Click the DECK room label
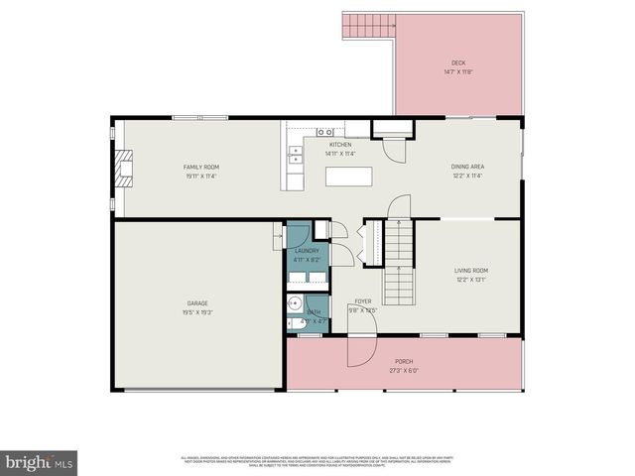tap(457, 62)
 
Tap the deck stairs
tap(367, 25)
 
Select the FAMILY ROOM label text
tap(201, 167)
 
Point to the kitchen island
tap(349, 176)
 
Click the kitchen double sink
tap(295, 154)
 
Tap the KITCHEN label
tap(341, 145)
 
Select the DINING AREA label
tap(467, 167)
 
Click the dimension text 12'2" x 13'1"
tap(471, 280)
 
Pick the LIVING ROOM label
tap(471, 270)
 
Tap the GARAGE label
tap(197, 302)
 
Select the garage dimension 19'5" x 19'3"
tap(197, 312)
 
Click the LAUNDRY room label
tap(307, 251)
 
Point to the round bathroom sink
tap(295, 304)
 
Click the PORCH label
tap(404, 361)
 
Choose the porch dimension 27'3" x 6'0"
tap(404, 371)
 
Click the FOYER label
tap(363, 301)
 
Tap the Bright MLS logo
tap(40, 461)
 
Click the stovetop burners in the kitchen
tap(324, 132)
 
